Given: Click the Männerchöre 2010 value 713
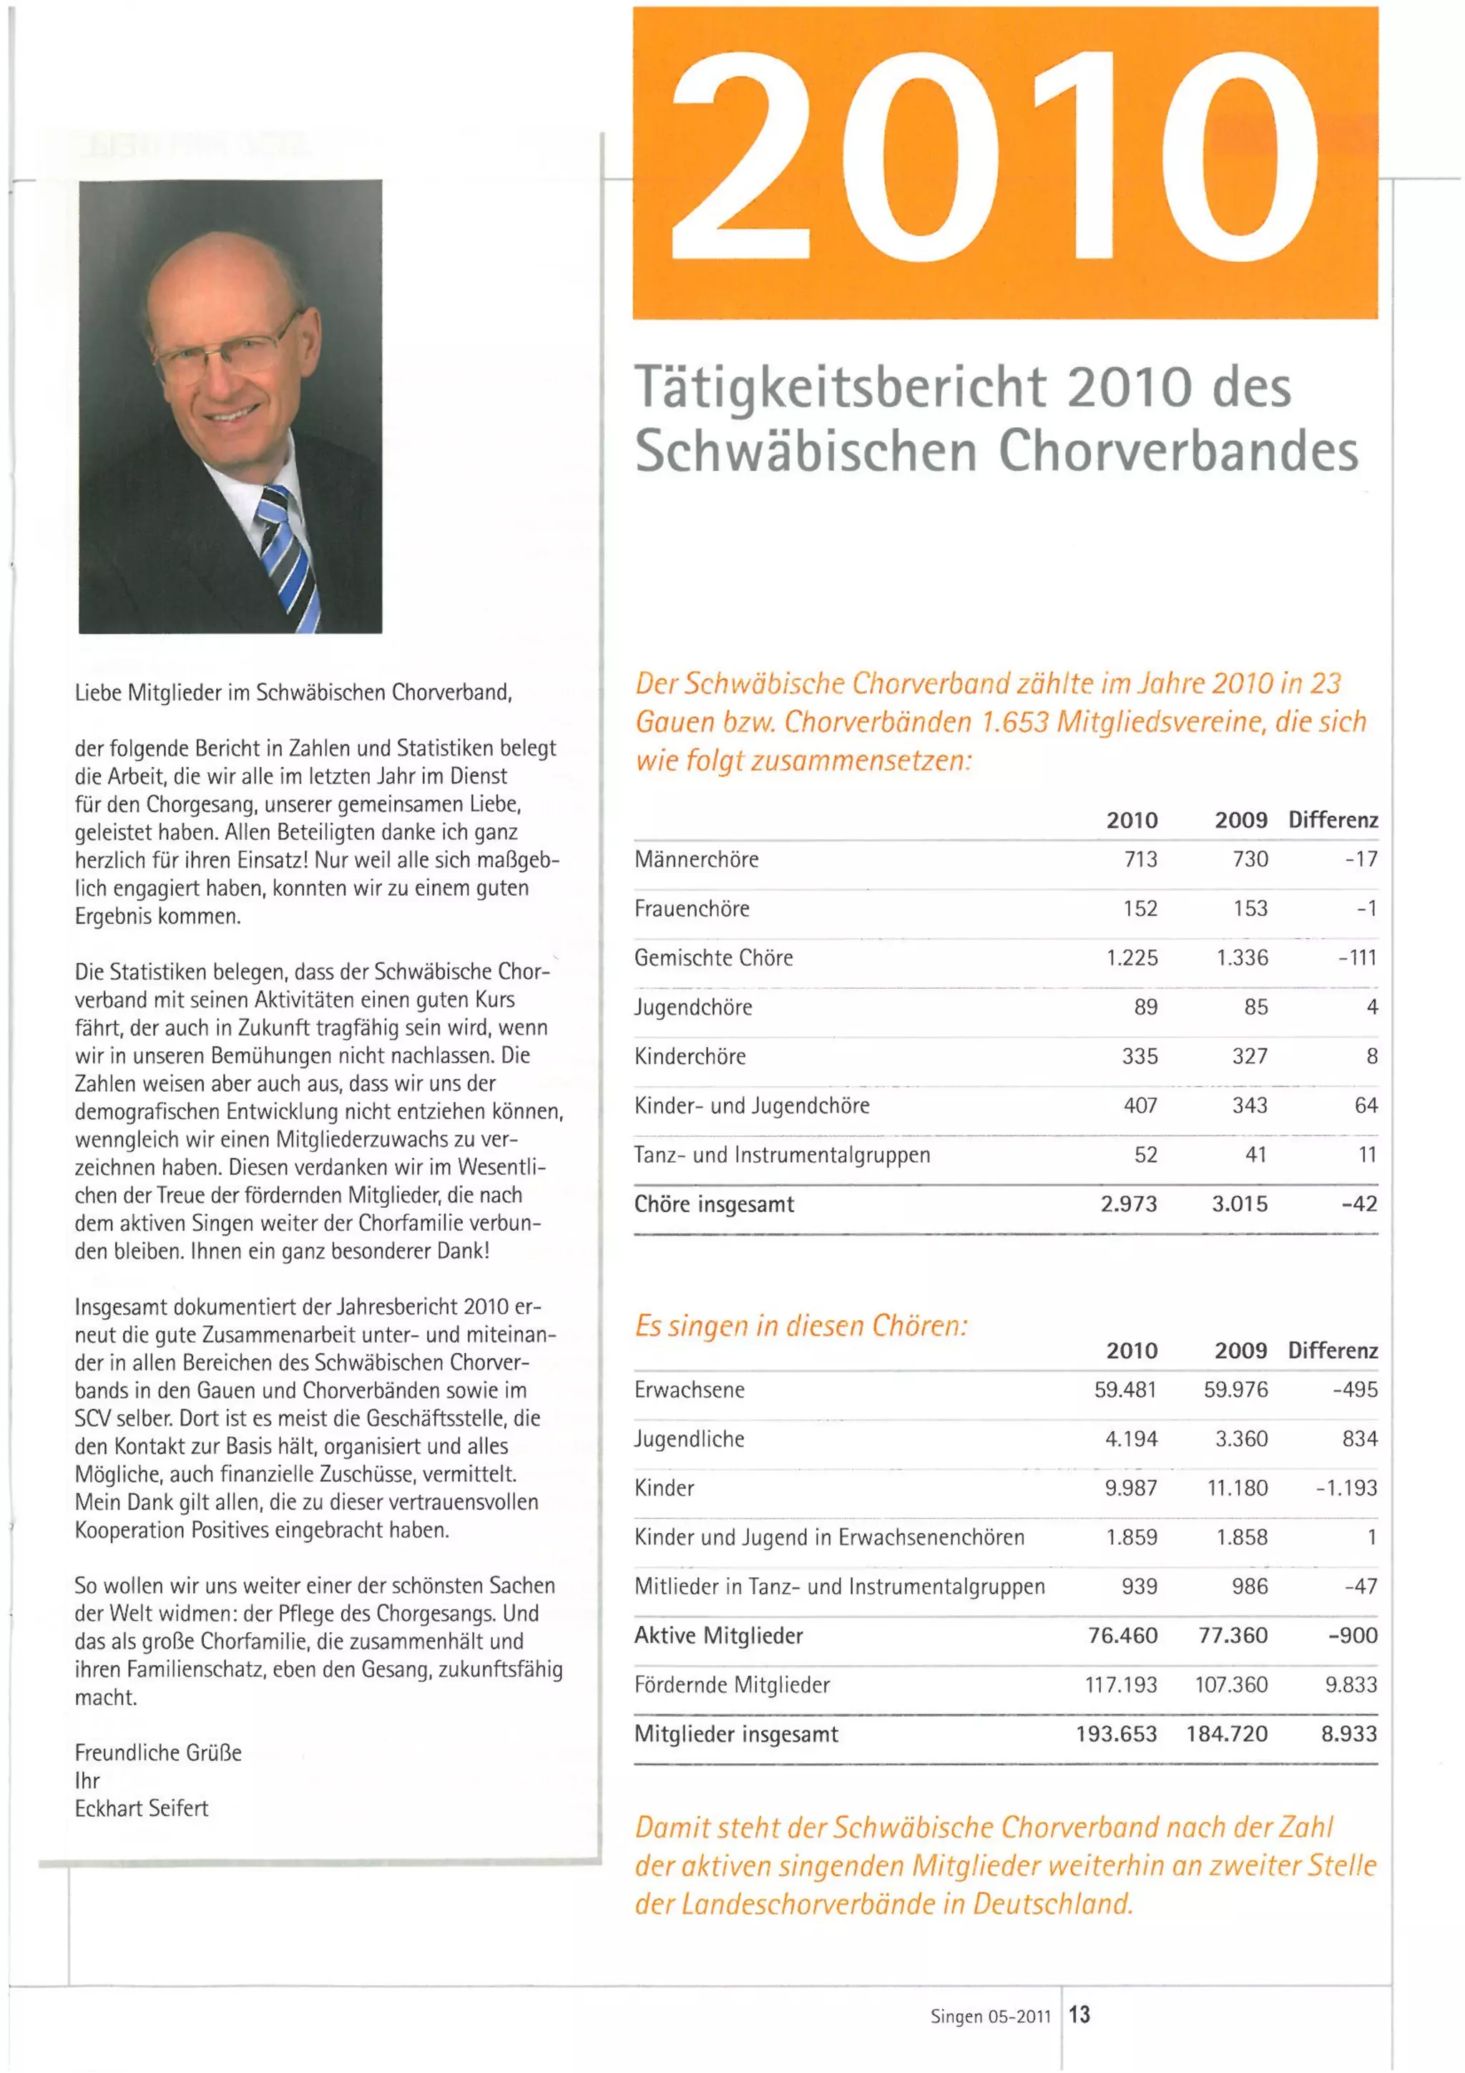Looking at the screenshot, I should (x=1140, y=859).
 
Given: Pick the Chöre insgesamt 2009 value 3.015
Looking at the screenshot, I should (x=1240, y=1204).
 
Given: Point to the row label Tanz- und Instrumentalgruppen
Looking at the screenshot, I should (x=782, y=1155).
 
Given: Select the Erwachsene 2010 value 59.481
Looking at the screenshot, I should (x=1125, y=1390).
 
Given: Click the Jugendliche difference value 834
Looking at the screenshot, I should (x=1359, y=1438).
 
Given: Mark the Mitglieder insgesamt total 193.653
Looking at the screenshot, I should (x=1116, y=1734).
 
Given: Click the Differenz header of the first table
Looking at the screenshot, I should (x=1333, y=820).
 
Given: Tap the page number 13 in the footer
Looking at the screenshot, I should (x=1079, y=2014).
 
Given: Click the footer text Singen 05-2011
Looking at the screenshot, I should (x=990, y=2016).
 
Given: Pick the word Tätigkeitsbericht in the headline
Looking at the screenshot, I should (x=841, y=387).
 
